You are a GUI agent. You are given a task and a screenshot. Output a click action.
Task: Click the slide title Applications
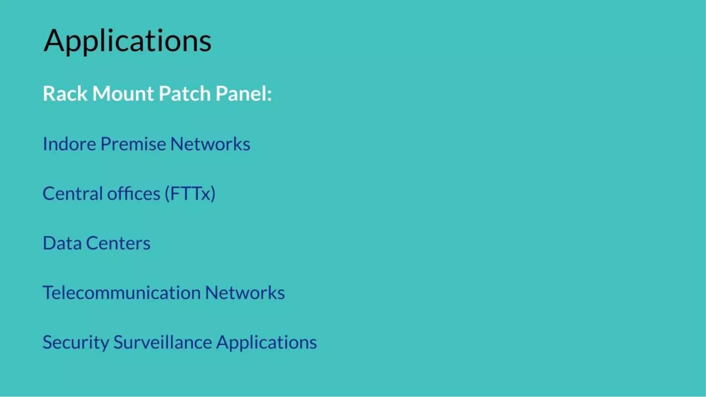127,41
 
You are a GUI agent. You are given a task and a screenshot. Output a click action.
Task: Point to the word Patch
185,93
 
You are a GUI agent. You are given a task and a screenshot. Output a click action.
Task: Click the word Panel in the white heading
241,93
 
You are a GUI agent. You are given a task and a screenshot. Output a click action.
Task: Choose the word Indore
69,144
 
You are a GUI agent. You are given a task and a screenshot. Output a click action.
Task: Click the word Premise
133,144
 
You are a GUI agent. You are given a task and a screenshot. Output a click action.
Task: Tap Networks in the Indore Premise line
210,144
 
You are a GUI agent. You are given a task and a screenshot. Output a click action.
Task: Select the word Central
72,193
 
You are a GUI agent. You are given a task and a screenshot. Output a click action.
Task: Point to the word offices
134,193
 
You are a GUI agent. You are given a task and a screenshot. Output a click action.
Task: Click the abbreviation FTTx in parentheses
190,193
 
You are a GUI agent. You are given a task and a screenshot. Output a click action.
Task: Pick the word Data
62,243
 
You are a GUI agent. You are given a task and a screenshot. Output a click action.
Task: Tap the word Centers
118,243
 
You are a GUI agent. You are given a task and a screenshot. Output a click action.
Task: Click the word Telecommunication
122,293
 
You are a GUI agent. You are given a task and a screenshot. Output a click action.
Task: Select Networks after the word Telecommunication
245,293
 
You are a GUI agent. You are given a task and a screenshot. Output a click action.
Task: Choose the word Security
76,342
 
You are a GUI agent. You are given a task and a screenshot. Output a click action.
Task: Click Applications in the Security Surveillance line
266,343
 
